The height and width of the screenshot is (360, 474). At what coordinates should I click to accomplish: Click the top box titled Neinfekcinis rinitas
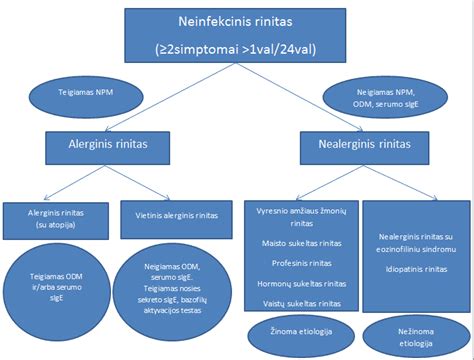235,21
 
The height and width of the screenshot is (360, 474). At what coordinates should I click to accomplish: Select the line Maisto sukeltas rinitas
302,243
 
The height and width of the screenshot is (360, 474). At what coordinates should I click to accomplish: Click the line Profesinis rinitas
302,262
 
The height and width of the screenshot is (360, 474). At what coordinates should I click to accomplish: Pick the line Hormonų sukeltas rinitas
302,282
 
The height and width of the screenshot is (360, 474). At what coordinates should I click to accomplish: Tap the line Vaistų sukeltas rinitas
302,302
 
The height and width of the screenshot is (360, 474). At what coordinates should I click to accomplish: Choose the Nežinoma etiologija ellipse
411,335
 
